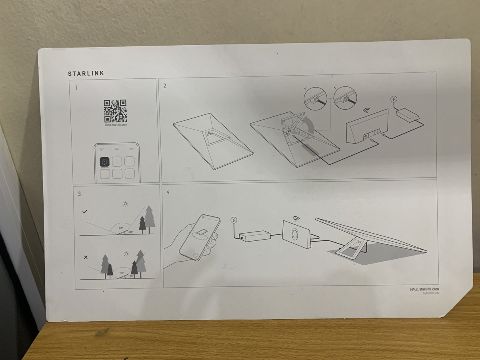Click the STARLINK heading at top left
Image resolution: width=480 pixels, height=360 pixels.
point(86,74)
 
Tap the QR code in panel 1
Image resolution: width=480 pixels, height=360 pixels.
point(115,111)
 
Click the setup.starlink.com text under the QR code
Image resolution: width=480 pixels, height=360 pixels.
point(115,125)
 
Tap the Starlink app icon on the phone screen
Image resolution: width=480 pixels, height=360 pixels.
point(105,162)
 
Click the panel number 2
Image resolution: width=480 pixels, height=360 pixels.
point(164,86)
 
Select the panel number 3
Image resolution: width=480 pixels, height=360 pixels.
point(80,194)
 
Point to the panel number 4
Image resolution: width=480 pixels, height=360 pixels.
point(168,192)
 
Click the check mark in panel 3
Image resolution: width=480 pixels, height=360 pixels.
point(84,211)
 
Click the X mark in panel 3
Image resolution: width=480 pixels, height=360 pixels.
point(86,257)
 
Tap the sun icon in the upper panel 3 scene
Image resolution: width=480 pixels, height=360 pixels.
point(125,204)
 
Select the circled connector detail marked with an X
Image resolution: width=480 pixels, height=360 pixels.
point(345,98)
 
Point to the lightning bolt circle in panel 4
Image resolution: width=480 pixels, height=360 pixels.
point(234,220)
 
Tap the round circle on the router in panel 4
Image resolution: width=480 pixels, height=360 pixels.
point(295,233)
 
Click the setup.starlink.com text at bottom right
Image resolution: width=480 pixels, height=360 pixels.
point(424,289)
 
